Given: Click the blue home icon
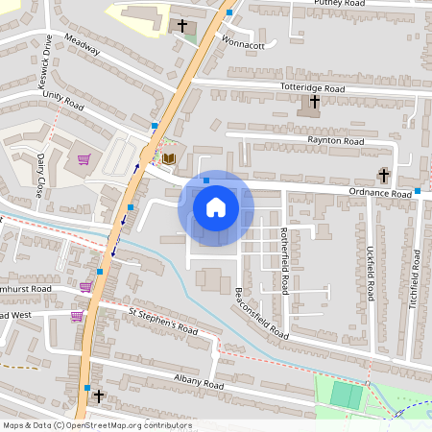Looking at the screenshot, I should pyautogui.click(x=216, y=207).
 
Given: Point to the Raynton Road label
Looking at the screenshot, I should pyautogui.click(x=337, y=140).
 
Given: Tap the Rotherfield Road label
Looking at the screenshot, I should pyautogui.click(x=284, y=261).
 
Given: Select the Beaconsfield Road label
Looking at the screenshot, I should pyautogui.click(x=261, y=314).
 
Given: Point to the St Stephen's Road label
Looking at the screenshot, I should pyautogui.click(x=162, y=321).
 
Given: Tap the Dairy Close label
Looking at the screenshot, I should pyautogui.click(x=41, y=175).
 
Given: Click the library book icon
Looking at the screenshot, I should pyautogui.click(x=169, y=158).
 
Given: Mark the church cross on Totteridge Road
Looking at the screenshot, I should pyautogui.click(x=314, y=101).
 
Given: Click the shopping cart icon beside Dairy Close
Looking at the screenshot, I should pyautogui.click(x=84, y=159).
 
